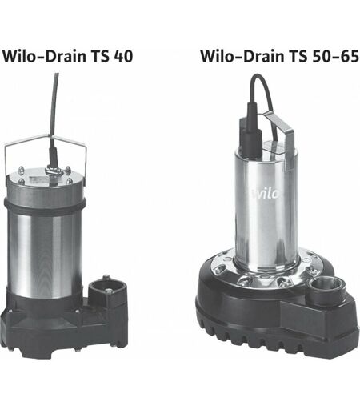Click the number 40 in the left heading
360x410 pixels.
click(x=123, y=57)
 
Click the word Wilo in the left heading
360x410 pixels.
click(x=18, y=56)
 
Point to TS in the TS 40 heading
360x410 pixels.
click(x=100, y=56)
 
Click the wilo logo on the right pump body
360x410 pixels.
click(x=266, y=193)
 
